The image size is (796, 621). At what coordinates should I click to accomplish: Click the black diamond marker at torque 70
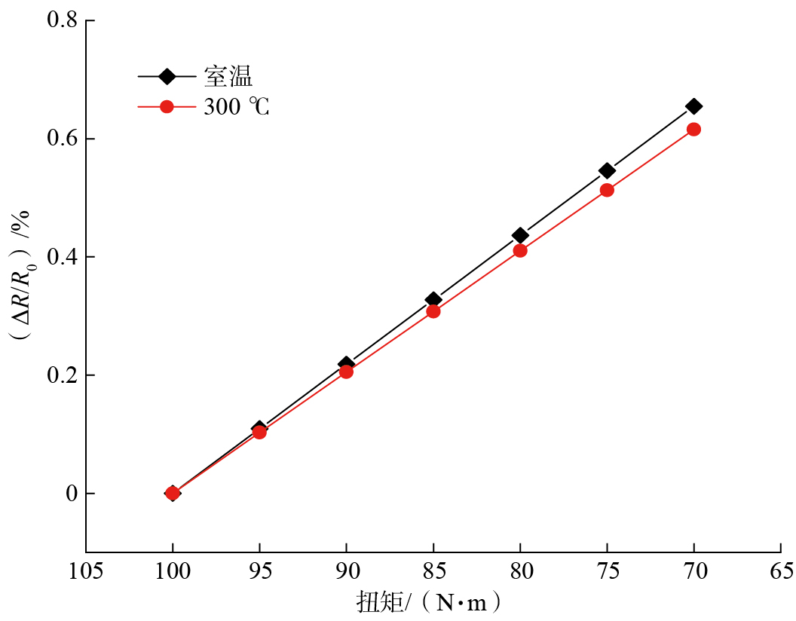click(693, 106)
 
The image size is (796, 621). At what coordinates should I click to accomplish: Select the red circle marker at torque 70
click(693, 130)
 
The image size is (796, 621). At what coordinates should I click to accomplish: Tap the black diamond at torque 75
click(607, 171)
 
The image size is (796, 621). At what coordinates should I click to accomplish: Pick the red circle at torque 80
click(520, 250)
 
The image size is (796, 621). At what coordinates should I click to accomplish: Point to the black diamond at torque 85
click(433, 300)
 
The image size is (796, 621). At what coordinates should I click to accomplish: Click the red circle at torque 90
click(346, 372)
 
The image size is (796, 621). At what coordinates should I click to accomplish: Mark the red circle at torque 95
click(259, 432)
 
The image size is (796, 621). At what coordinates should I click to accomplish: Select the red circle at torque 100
click(173, 494)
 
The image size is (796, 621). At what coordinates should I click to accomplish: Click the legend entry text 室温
click(228, 76)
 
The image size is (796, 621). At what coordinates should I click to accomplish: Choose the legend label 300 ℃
click(236, 107)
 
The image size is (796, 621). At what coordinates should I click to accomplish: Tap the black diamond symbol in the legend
click(167, 76)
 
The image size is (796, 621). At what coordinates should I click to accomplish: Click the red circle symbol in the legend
click(167, 107)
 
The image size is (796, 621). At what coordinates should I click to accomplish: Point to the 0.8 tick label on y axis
click(62, 20)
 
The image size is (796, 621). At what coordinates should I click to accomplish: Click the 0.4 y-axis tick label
click(62, 257)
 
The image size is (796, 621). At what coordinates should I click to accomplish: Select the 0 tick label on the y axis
click(72, 494)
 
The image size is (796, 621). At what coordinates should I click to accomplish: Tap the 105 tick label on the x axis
click(86, 571)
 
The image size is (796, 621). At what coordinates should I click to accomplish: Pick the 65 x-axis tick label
click(781, 571)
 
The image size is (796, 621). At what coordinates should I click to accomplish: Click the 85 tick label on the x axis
click(433, 571)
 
